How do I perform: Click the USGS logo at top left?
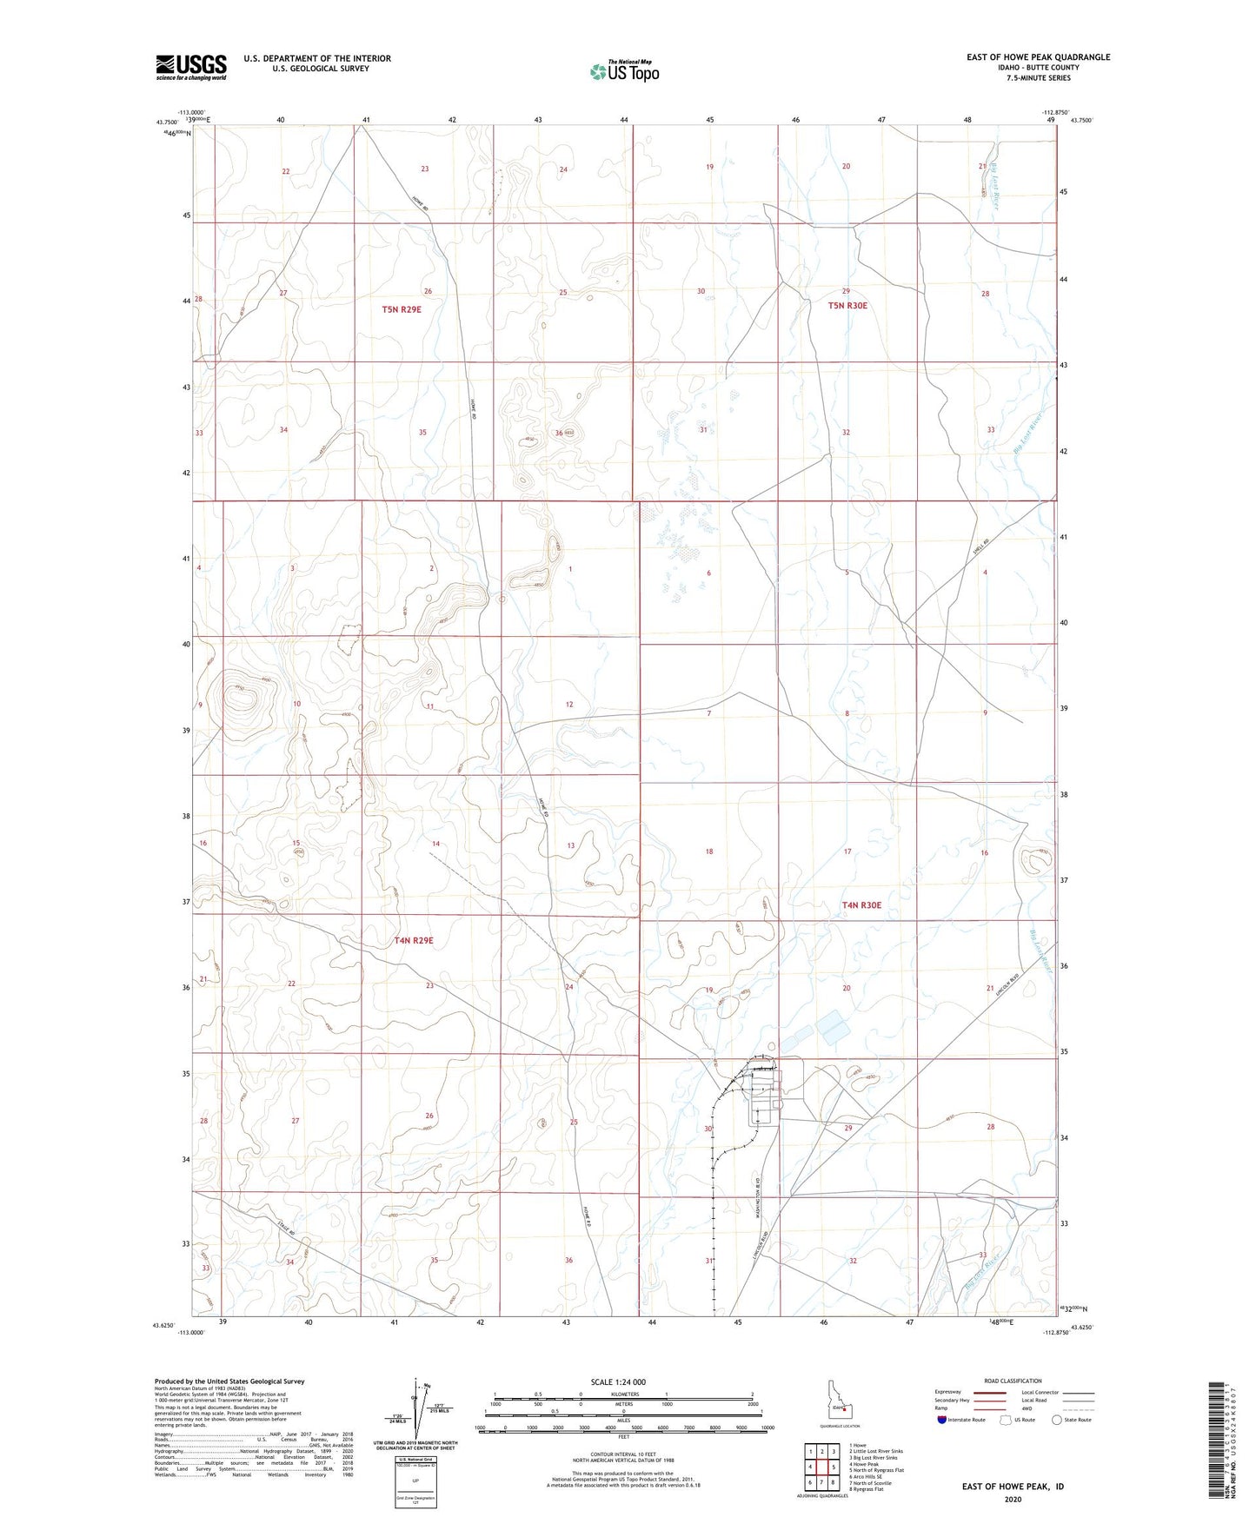tap(190, 67)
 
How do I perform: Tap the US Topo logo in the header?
tap(624, 71)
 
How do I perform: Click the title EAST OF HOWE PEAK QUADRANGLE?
tap(1038, 57)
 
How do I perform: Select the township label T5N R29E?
tap(402, 309)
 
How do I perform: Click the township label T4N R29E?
tap(413, 940)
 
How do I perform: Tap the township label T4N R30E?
tap(861, 905)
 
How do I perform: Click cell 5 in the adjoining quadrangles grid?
tap(833, 1467)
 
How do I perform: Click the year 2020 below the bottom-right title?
tap(1013, 1499)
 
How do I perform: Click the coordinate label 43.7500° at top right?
tap(1082, 122)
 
